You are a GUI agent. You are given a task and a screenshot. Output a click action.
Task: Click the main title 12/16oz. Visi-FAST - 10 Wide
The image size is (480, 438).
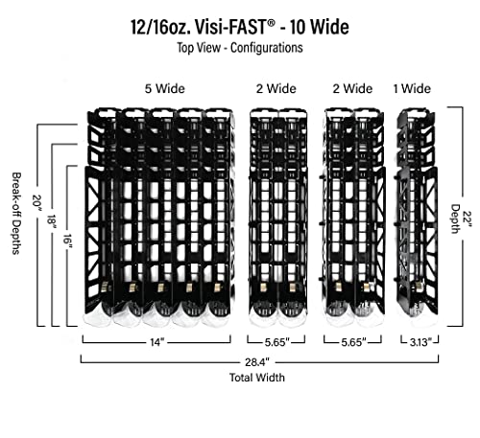[x=239, y=27]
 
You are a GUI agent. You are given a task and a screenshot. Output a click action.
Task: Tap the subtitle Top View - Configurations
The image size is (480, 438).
[x=240, y=48]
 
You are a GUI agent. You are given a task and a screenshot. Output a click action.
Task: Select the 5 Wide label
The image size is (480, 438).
[x=165, y=88]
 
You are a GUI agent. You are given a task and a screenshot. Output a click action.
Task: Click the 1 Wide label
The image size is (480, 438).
[x=412, y=88]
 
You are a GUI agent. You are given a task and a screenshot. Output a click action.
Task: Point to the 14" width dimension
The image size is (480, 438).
[x=157, y=342]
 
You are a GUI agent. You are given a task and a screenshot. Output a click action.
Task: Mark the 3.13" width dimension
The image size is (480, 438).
[x=420, y=342]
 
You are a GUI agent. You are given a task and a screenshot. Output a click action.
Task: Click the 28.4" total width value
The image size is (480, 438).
[x=257, y=362]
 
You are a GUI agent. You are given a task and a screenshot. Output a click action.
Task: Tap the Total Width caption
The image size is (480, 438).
[x=257, y=378]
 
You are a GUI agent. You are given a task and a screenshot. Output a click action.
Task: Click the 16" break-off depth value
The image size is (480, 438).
[x=67, y=242]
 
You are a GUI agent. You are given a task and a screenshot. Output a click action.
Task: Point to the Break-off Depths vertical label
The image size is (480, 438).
[x=16, y=214]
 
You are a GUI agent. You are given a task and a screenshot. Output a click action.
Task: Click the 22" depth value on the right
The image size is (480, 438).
[x=468, y=219]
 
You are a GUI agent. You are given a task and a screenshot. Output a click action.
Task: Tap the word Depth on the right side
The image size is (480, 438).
[x=455, y=219]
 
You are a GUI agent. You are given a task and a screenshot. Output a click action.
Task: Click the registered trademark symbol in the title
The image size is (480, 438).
[x=271, y=22]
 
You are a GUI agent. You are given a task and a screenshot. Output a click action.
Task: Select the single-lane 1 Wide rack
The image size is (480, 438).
[x=417, y=214]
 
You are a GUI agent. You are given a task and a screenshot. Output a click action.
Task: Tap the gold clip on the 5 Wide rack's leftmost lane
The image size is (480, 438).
[x=105, y=287]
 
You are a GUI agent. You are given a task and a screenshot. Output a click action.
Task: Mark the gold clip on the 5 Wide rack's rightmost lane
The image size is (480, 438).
[x=217, y=287]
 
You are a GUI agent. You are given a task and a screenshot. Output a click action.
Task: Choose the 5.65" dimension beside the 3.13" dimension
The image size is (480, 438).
[x=353, y=342]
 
